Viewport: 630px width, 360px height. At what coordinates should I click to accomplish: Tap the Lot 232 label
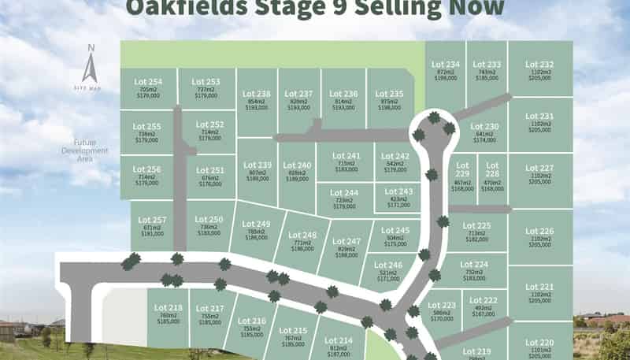click(540, 65)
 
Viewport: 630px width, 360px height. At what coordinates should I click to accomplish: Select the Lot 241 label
click(347, 155)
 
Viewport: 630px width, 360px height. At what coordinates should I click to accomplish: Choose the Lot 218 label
click(169, 307)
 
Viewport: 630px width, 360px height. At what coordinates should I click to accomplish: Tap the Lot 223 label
click(443, 305)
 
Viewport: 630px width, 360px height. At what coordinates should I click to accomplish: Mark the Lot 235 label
click(390, 94)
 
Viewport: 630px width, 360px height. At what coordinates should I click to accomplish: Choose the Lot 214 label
click(339, 340)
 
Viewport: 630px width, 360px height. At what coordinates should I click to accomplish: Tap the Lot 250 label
click(209, 219)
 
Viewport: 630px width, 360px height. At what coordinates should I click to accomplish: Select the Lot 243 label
click(399, 191)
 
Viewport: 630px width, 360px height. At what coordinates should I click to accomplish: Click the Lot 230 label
click(485, 127)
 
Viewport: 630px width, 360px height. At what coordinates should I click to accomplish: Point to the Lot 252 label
click(209, 125)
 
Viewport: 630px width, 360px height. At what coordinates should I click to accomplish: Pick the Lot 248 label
click(302, 236)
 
